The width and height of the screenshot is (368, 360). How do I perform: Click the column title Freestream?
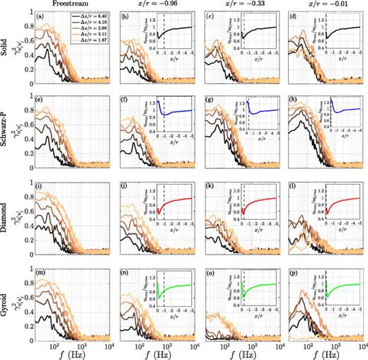pyautogui.click(x=68, y=5)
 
